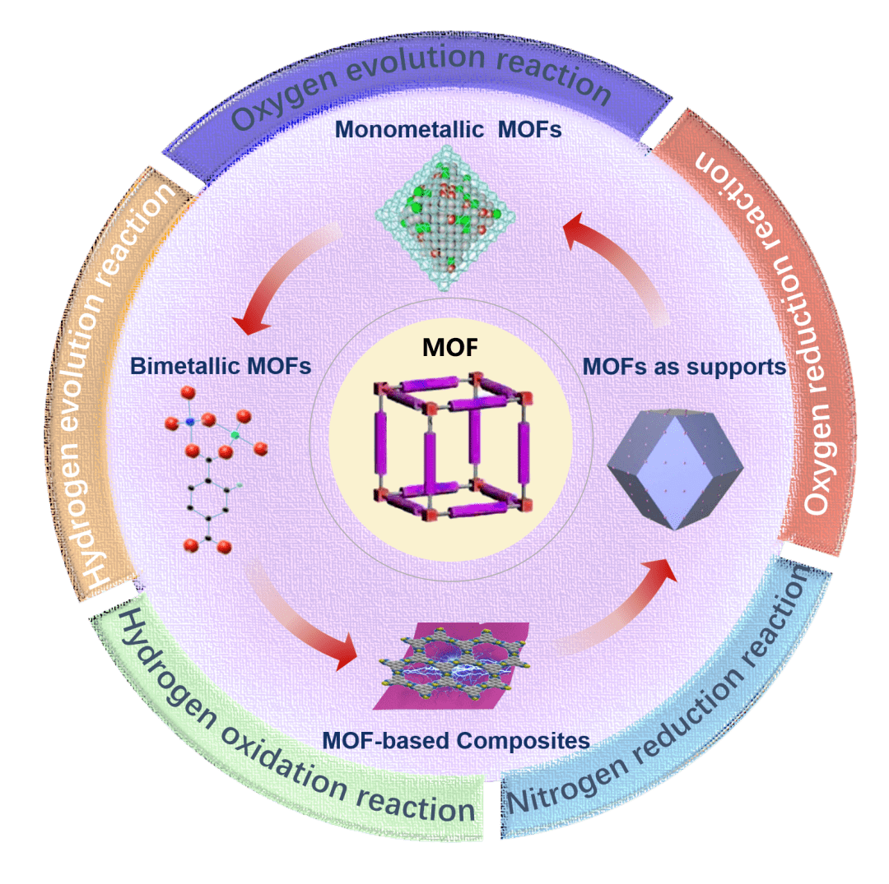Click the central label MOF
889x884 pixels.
(449, 347)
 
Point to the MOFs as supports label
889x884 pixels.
(684, 367)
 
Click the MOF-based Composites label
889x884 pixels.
(456, 740)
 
